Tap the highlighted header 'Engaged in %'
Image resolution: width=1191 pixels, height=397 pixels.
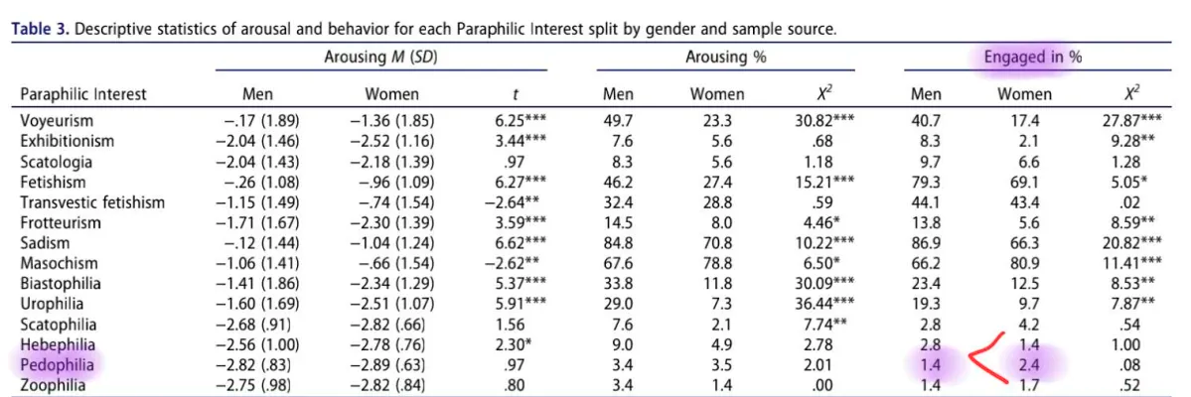click(x=1032, y=58)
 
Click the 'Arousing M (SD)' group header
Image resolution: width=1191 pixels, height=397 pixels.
click(x=380, y=58)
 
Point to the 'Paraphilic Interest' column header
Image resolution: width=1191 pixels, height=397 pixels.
click(x=83, y=94)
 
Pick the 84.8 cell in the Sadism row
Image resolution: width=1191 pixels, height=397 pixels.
click(x=619, y=243)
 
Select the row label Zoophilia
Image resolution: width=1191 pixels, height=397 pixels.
click(x=55, y=385)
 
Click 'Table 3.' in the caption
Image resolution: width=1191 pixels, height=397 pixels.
click(x=39, y=29)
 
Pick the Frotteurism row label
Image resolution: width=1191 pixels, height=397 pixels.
click(x=61, y=222)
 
